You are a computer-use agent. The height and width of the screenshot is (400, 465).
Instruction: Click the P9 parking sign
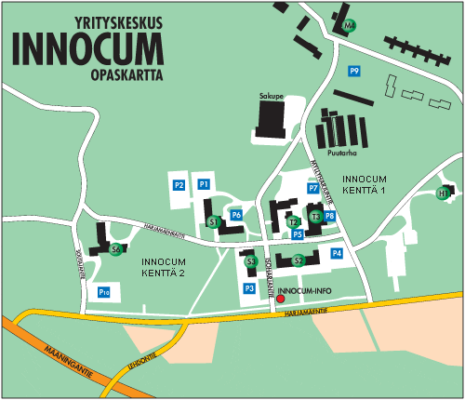pos(354,72)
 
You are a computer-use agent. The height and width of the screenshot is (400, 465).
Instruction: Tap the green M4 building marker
pos(350,25)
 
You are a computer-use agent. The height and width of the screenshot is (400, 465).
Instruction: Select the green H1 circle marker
pos(444,193)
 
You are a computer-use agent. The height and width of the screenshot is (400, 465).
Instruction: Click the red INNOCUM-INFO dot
pos(281,300)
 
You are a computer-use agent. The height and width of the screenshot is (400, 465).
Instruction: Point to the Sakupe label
pos(271,96)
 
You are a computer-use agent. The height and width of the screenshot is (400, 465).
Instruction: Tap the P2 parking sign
pos(179,185)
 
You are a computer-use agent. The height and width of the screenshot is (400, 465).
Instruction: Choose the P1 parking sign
pos(204,185)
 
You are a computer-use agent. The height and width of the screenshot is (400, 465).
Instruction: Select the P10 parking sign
pos(104,293)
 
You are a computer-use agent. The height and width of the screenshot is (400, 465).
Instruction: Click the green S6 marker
pos(116,249)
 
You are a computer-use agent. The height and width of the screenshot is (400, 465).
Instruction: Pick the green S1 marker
pos(213,221)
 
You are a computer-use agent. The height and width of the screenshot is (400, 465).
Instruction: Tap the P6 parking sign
pos(236,215)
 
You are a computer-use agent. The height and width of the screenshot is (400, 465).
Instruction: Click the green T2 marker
pos(293,221)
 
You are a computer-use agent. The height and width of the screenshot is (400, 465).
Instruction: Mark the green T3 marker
pos(315,217)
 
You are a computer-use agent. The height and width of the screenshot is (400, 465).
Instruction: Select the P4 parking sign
pos(337,253)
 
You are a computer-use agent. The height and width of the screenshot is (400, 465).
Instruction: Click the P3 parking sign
pos(248,289)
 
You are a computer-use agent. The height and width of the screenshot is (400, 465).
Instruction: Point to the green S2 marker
pos(299,260)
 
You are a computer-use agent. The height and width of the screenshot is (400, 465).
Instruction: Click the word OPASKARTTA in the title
pos(126,73)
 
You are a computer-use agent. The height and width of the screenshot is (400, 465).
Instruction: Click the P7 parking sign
pos(313,188)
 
